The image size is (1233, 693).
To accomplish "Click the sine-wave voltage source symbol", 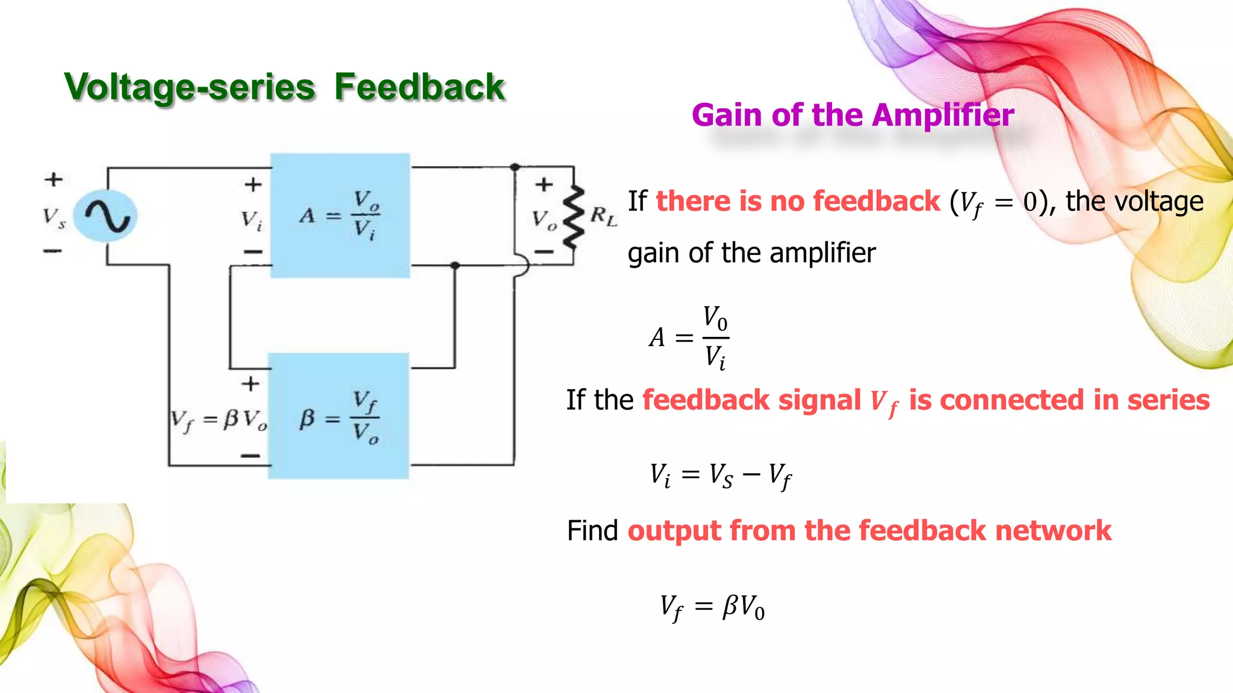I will click(105, 216).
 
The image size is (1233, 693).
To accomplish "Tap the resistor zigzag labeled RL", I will click(573, 217).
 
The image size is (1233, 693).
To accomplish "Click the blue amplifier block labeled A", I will click(340, 215).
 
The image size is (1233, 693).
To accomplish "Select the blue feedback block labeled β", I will click(338, 416).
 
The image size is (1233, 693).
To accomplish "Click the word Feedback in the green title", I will click(419, 87).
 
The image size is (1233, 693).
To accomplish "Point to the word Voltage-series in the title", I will click(190, 87).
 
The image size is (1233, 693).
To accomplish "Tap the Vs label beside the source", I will click(54, 217).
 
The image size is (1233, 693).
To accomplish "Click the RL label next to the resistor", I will click(603, 216).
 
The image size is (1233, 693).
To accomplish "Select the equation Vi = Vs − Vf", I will click(720, 476).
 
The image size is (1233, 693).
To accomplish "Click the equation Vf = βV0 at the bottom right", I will click(712, 607).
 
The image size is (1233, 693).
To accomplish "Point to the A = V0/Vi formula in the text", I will click(689, 337).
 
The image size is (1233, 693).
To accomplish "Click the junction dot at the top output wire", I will click(515, 167).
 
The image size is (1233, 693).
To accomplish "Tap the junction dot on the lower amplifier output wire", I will click(455, 265).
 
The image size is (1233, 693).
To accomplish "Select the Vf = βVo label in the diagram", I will click(218, 419).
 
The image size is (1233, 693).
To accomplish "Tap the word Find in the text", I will click(592, 531).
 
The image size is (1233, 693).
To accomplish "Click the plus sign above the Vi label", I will click(253, 184).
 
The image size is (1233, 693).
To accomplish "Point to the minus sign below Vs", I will click(53, 250).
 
